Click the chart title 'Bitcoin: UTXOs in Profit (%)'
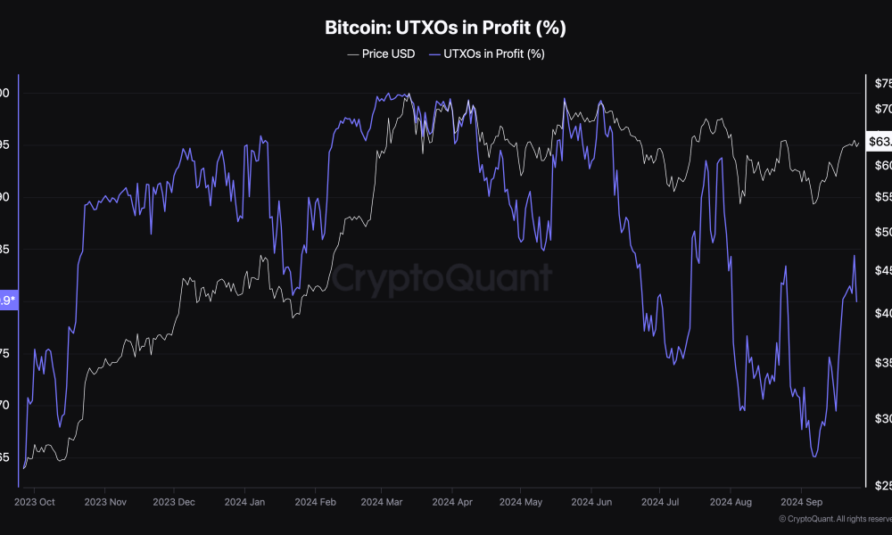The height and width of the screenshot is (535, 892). click(445, 28)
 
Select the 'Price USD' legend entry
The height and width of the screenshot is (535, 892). click(381, 53)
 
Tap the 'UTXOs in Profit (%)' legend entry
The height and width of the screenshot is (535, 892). click(486, 53)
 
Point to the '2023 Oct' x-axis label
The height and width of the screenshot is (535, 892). click(34, 502)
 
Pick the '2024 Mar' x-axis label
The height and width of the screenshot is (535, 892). click(382, 502)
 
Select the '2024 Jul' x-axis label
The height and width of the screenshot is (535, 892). click(659, 502)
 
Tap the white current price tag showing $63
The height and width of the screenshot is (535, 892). click(879, 141)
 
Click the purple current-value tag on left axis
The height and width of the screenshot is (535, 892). click(7, 300)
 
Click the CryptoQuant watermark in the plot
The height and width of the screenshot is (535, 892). click(442, 278)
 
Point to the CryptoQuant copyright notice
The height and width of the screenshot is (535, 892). click(834, 519)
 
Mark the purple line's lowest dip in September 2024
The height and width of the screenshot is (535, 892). click(814, 457)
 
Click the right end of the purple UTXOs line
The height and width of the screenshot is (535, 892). click(857, 301)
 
